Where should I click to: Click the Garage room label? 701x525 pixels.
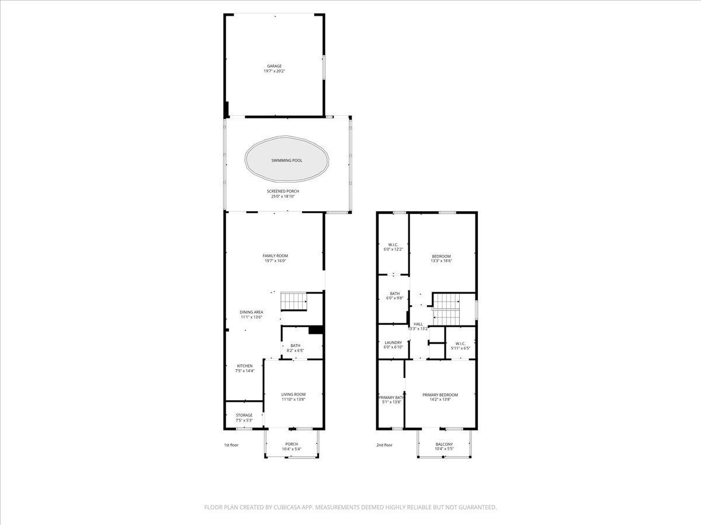274,69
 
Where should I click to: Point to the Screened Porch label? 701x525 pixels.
283,194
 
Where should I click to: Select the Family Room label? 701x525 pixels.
275,258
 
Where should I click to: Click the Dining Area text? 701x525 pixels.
251,314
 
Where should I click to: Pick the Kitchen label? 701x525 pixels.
245,368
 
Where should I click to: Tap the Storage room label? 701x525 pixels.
244,418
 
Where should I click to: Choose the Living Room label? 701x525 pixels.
293,397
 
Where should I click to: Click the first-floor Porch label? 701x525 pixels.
291,446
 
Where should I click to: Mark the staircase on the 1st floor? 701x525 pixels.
294,302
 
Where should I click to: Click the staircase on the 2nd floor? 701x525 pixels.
447,309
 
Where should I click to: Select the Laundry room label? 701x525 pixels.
393,345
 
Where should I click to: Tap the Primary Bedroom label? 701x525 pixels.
440,397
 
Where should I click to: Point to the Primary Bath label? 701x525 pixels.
391,400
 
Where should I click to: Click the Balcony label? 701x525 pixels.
444,446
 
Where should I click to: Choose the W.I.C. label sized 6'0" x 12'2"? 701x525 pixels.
393,247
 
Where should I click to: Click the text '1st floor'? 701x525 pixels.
231,445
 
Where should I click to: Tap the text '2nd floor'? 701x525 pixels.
384,445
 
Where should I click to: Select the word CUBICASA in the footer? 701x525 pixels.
288,508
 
